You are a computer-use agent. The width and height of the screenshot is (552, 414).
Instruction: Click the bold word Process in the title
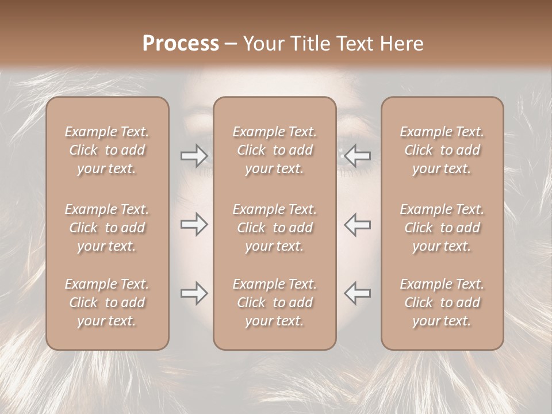[181, 44]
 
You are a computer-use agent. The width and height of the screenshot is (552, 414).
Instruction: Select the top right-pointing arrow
[194, 155]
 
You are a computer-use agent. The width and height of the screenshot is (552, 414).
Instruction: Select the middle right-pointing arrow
[194, 224]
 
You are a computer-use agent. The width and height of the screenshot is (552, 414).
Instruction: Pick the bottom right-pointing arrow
[194, 294]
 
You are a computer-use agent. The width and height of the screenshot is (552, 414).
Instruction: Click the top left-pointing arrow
[358, 155]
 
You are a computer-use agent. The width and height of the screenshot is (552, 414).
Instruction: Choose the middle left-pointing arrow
[358, 224]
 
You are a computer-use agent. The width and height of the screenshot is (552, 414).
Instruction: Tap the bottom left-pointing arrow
[358, 294]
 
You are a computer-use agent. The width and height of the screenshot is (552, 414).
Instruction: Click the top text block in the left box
[107, 150]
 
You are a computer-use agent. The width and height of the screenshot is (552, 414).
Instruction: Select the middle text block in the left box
[107, 228]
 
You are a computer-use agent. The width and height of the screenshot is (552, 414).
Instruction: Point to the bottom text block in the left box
[107, 302]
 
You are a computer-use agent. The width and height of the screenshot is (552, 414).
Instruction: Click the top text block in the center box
[274, 150]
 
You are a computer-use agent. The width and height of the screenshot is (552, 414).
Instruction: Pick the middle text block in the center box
[274, 228]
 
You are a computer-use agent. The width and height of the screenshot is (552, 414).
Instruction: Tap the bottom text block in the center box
[274, 302]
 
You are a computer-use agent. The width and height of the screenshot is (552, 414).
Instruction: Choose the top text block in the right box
[442, 150]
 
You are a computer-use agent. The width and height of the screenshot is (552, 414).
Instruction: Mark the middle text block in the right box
[442, 228]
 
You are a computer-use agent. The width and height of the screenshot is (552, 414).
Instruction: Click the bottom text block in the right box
[442, 302]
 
